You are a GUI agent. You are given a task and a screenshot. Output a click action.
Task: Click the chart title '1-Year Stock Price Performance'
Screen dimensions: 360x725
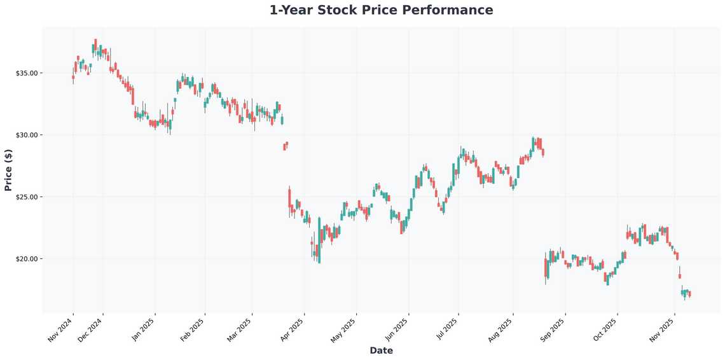pyautogui.click(x=381, y=10)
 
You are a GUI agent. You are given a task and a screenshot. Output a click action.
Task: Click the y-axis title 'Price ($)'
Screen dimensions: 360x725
pyautogui.click(x=8, y=169)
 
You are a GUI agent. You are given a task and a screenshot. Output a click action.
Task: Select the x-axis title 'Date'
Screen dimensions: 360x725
pyautogui.click(x=381, y=350)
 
